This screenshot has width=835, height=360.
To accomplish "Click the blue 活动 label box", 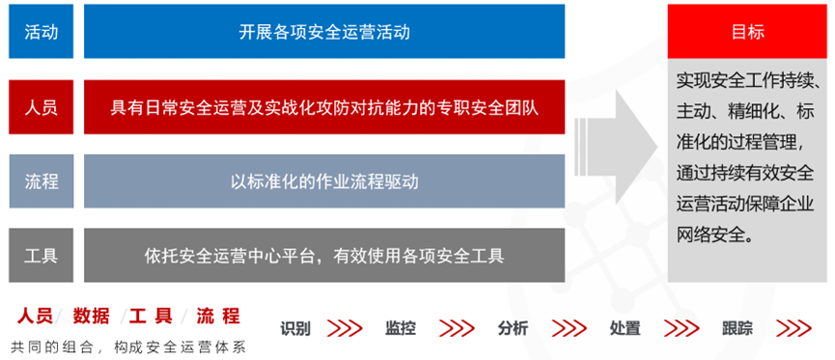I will point(41,32).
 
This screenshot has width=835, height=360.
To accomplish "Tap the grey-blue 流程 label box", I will point(41,181).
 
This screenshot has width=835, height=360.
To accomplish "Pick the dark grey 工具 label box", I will point(41,256).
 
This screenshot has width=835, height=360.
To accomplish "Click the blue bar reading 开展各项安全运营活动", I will point(324,32).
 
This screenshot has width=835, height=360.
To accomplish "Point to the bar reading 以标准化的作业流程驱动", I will point(324,181).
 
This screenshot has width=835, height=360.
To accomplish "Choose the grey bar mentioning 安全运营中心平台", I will point(324,256).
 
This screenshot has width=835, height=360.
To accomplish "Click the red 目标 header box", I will point(748,32).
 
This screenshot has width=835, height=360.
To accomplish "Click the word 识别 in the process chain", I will point(295,328).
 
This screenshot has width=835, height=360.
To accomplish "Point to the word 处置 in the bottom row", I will point(625,328).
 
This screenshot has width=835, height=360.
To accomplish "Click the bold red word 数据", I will point(91,317).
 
